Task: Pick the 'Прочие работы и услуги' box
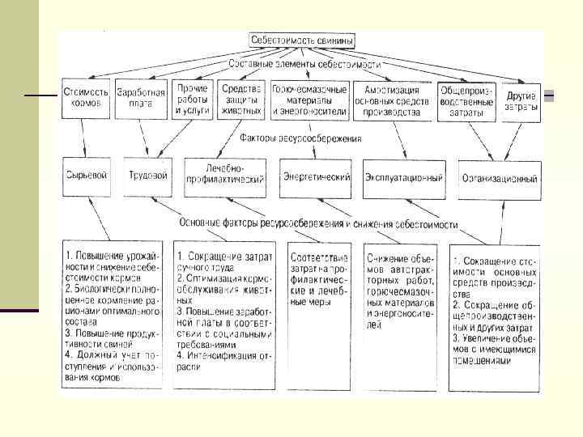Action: click(x=192, y=99)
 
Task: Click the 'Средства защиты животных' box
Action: click(x=240, y=99)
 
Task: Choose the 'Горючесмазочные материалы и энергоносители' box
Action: click(x=309, y=99)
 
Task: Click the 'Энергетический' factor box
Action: click(x=316, y=176)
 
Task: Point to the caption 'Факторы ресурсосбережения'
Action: click(x=301, y=138)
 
